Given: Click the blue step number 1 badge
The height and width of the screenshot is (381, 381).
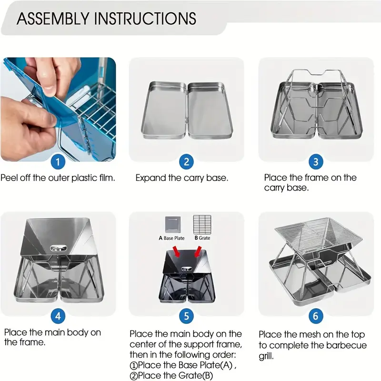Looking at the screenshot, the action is tap(58, 162).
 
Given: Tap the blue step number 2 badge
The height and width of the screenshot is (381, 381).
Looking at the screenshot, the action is tap(186, 162).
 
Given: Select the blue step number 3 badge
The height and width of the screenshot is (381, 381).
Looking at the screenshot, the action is tap(316, 162).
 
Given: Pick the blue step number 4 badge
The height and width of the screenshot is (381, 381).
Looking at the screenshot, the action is tap(58, 316).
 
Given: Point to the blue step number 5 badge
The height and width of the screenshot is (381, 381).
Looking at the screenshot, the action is tap(186, 316).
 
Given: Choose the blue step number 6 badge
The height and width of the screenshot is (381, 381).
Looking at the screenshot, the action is tap(316, 316).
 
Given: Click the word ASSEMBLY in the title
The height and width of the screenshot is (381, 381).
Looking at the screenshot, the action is tap(53, 19).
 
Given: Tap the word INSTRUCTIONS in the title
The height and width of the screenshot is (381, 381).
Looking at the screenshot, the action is tap(145, 19).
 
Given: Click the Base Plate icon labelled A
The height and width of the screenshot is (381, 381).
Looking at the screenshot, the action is tap(173, 224).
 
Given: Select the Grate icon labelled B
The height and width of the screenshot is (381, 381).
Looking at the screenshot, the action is tap(202, 224).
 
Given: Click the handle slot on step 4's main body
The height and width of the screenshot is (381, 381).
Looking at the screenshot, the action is tap(58, 248).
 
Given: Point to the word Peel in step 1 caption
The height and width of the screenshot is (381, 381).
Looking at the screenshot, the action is tap(9, 178).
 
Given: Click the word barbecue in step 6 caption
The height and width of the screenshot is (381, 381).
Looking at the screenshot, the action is tap(346, 345).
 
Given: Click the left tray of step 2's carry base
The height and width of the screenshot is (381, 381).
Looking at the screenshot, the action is tap(164, 110).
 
